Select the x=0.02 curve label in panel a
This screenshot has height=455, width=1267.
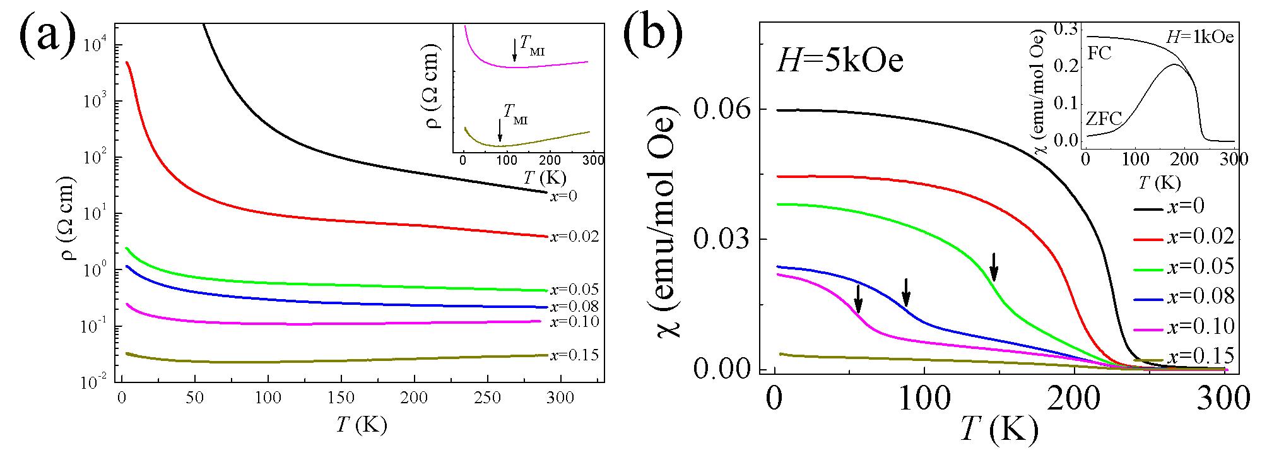[574, 237]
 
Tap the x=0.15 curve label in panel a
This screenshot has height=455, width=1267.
[574, 355]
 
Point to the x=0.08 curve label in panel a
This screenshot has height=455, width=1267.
[574, 307]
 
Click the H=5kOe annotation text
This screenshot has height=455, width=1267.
[840, 62]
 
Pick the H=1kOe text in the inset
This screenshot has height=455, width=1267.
[1199, 38]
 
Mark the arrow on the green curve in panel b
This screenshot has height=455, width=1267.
[994, 267]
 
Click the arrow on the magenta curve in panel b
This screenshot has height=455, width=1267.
[858, 299]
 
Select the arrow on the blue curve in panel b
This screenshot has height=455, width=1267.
[906, 293]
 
